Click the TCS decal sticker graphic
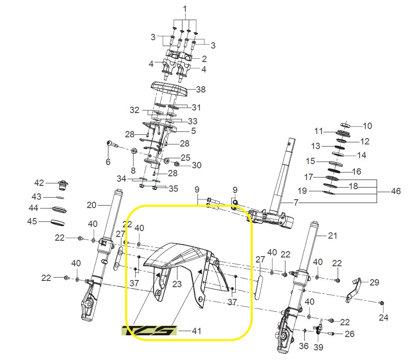(x=149, y=330)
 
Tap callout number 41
(x=196, y=331)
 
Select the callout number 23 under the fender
(x=177, y=284)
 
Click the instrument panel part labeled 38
(x=169, y=89)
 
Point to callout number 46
(x=396, y=191)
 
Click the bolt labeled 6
(x=111, y=144)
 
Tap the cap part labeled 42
(x=63, y=185)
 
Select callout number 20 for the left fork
(x=92, y=205)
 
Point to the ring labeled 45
(x=57, y=223)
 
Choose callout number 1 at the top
(x=185, y=9)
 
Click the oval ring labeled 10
(x=345, y=125)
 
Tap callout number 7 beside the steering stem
(x=296, y=202)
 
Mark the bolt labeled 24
(x=382, y=303)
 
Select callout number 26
(x=349, y=334)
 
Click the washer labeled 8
(x=134, y=151)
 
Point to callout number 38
(x=200, y=89)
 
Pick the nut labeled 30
(x=176, y=164)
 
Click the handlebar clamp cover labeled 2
(x=179, y=55)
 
